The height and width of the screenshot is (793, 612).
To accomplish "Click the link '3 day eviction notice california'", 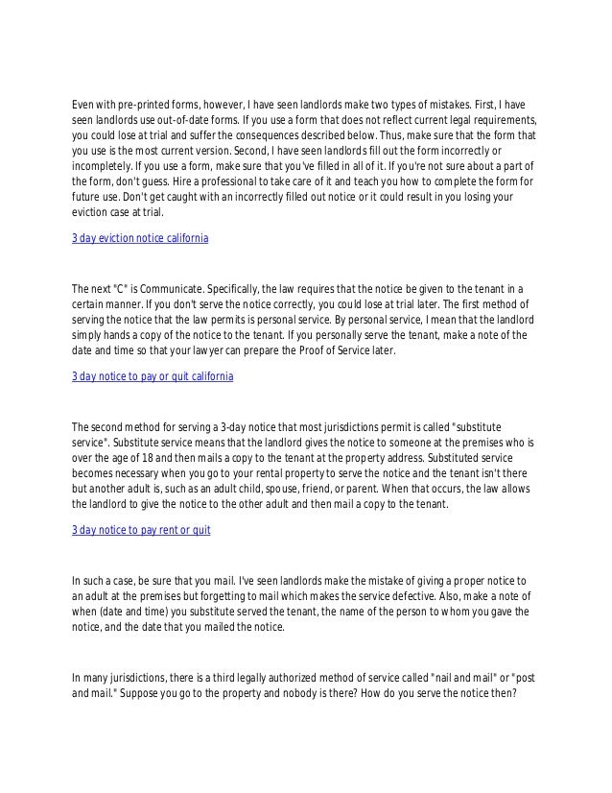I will click(x=140, y=237).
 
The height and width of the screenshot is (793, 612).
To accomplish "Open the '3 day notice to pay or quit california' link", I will click(x=153, y=378).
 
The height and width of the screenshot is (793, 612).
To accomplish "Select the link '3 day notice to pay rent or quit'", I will click(x=141, y=529).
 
